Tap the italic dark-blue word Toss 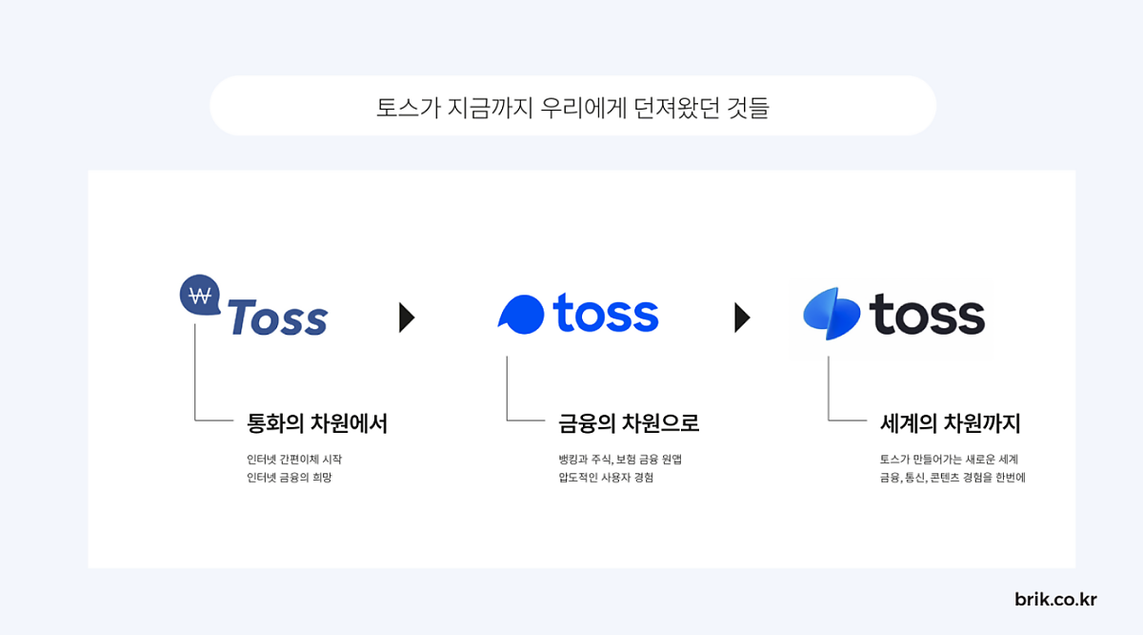click(277, 317)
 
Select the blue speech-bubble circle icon click(521, 314)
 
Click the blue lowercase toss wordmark click(606, 313)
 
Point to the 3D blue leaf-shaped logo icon click(832, 314)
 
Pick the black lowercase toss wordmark click(927, 315)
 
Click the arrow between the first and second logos click(407, 317)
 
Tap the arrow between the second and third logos click(742, 317)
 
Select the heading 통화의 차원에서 click(317, 423)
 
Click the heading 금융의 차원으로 click(629, 423)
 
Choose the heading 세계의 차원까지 click(950, 423)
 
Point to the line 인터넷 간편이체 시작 click(293, 460)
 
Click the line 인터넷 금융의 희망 click(289, 478)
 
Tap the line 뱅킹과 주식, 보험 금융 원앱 click(620, 460)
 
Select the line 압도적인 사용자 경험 click(606, 478)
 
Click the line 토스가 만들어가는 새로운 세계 click(949, 460)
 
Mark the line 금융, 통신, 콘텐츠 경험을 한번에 click(952, 478)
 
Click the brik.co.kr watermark click(1055, 600)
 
